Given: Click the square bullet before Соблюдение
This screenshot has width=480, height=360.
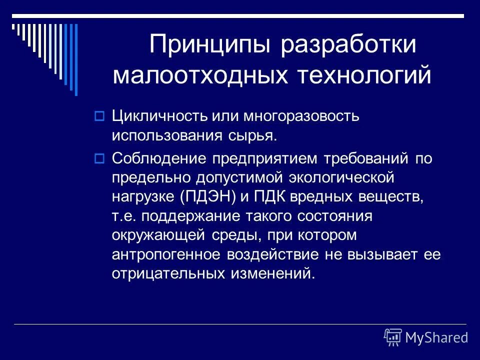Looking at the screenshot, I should [98, 159].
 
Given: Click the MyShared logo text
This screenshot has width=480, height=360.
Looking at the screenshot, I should [436, 337].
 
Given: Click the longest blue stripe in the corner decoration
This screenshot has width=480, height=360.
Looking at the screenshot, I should [76, 60].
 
